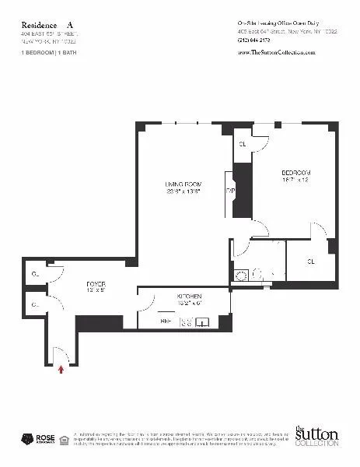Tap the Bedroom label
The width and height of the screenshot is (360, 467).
295,176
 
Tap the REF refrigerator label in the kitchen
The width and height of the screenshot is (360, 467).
166,320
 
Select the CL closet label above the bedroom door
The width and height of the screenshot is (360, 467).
243,144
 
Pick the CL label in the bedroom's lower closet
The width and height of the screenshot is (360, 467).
309,261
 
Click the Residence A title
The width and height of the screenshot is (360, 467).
47,24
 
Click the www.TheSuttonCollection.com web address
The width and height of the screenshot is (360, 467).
275,52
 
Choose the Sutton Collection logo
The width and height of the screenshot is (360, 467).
316,436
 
